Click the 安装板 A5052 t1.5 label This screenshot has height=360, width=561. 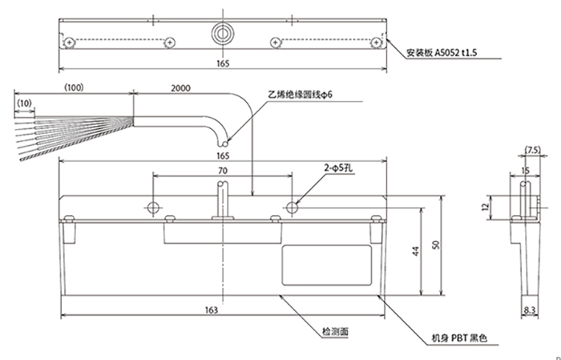tap(442, 53)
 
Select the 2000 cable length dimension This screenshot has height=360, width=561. tap(180, 88)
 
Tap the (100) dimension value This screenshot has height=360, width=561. tap(74, 87)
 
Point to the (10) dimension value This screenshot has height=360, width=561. tap(24, 103)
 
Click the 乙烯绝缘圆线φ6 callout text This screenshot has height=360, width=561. tap(301, 95)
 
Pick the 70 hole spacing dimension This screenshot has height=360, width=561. tap(223, 171)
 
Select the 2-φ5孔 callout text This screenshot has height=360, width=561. tap(338, 168)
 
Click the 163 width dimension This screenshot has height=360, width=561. tap(212, 310)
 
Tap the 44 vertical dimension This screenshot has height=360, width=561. tap(415, 251)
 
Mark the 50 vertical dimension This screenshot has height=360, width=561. tap(436, 245)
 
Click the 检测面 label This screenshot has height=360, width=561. tap(335, 332)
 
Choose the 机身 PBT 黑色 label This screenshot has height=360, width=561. tap(459, 338)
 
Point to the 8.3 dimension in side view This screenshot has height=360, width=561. tap(529, 310)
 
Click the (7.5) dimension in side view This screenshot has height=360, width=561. tap(532, 150)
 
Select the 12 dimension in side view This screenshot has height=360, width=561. tap(486, 207)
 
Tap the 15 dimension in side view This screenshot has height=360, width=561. tap(525, 171)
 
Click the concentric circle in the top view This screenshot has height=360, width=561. tap(223, 34)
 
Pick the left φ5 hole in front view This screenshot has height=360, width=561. tap(154, 207)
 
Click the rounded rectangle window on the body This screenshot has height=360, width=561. tap(327, 265)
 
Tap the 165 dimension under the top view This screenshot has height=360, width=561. tap(223, 63)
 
